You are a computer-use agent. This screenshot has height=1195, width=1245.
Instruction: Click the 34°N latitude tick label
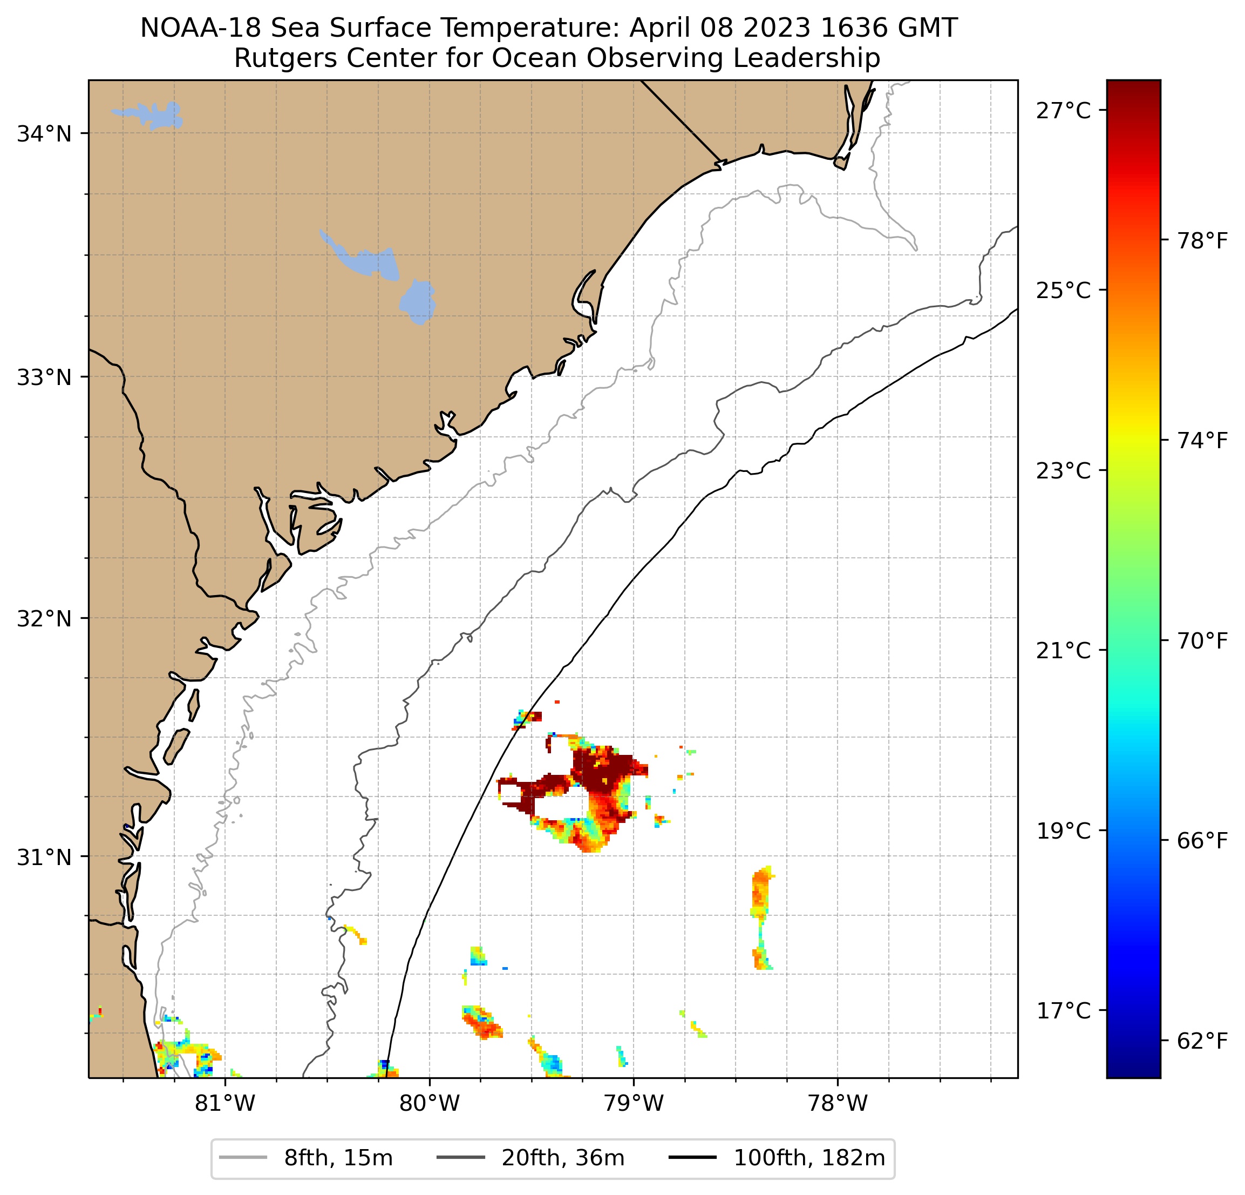(44, 134)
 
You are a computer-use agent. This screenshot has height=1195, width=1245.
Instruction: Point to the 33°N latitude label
(44, 377)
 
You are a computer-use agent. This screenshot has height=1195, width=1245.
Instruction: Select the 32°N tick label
(44, 618)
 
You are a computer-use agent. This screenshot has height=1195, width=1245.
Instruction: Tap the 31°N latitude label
(44, 858)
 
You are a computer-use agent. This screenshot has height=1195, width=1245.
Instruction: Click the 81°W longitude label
(225, 1103)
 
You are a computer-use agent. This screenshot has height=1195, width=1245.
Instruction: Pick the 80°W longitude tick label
(430, 1103)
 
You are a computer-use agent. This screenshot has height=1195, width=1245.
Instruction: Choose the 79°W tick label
(634, 1103)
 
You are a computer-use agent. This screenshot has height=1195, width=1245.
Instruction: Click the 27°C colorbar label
(1063, 111)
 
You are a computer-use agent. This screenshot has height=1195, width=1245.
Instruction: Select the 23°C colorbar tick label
(1063, 471)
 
